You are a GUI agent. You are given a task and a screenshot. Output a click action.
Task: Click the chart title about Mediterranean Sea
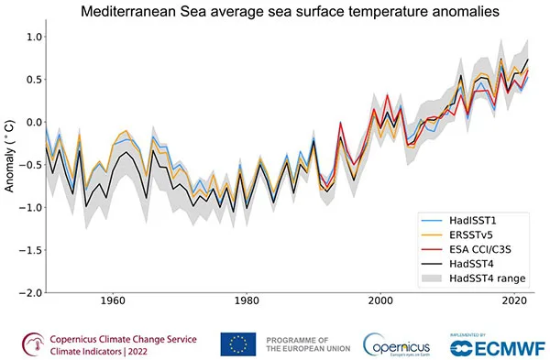288,13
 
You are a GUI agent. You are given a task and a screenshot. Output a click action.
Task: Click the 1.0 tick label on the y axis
33,37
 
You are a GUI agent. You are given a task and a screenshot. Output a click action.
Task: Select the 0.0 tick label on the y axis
33,122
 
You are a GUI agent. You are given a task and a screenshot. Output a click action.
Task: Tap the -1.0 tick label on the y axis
30,207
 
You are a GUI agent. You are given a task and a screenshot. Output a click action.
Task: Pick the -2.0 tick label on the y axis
30,292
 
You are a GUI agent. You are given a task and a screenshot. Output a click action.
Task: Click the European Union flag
238,344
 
